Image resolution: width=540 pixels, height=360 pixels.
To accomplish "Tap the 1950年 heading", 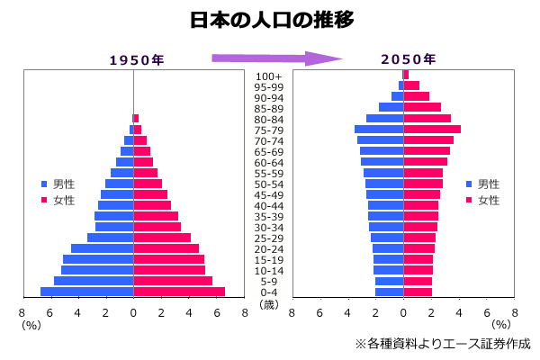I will [136, 60].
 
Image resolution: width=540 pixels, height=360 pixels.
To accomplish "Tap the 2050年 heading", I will [408, 60].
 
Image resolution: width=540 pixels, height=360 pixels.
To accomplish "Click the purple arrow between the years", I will [276, 59].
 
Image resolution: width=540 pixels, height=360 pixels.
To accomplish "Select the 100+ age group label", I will [269, 76].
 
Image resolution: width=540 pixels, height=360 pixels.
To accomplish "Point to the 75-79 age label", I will [269, 130].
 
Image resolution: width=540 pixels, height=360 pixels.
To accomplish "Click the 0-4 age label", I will [269, 292].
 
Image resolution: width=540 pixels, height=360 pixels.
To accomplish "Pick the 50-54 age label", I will [269, 184].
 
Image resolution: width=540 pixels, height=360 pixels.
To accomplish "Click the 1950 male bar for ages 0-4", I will [86, 292].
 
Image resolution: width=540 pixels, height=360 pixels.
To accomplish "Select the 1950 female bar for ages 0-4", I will [179, 292].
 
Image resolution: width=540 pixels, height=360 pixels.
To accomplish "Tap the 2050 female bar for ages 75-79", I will [432, 130].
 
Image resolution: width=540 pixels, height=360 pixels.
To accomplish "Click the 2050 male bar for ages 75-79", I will [379, 130].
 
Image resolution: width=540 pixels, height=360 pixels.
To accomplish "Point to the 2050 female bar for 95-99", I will [411, 85].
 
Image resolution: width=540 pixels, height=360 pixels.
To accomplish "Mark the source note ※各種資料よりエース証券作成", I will [442, 343].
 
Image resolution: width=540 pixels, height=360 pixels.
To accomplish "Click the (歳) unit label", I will [269, 304].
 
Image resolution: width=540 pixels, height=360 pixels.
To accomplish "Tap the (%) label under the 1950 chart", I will [31, 325].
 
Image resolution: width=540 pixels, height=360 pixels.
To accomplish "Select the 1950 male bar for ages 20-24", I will [102, 248].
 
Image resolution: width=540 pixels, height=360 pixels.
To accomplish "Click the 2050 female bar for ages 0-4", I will [418, 292].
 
